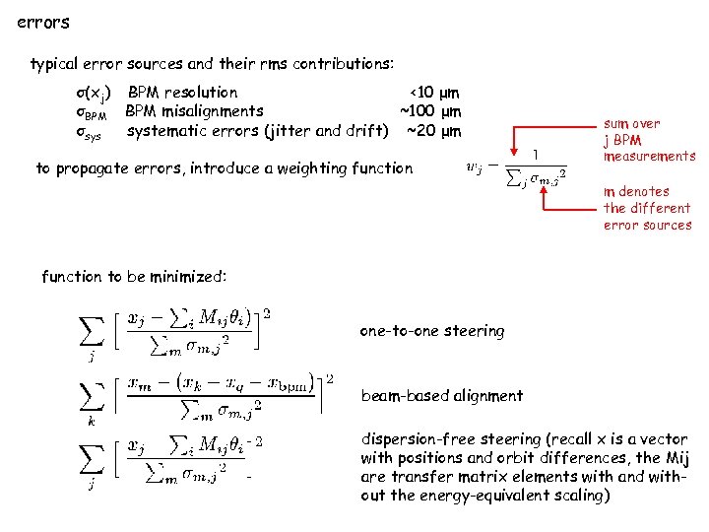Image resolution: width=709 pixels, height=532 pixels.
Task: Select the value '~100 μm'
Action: tap(430, 111)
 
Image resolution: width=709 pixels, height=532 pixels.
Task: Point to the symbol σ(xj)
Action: tap(94, 94)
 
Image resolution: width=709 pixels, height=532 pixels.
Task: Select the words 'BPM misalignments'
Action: tap(194, 111)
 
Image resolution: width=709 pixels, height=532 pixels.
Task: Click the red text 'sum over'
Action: tap(632, 123)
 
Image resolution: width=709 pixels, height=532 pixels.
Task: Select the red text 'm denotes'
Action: tap(636, 191)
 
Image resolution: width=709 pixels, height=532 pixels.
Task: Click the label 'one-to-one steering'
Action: tap(431, 331)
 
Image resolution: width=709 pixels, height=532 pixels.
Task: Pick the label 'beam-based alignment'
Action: tap(442, 396)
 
